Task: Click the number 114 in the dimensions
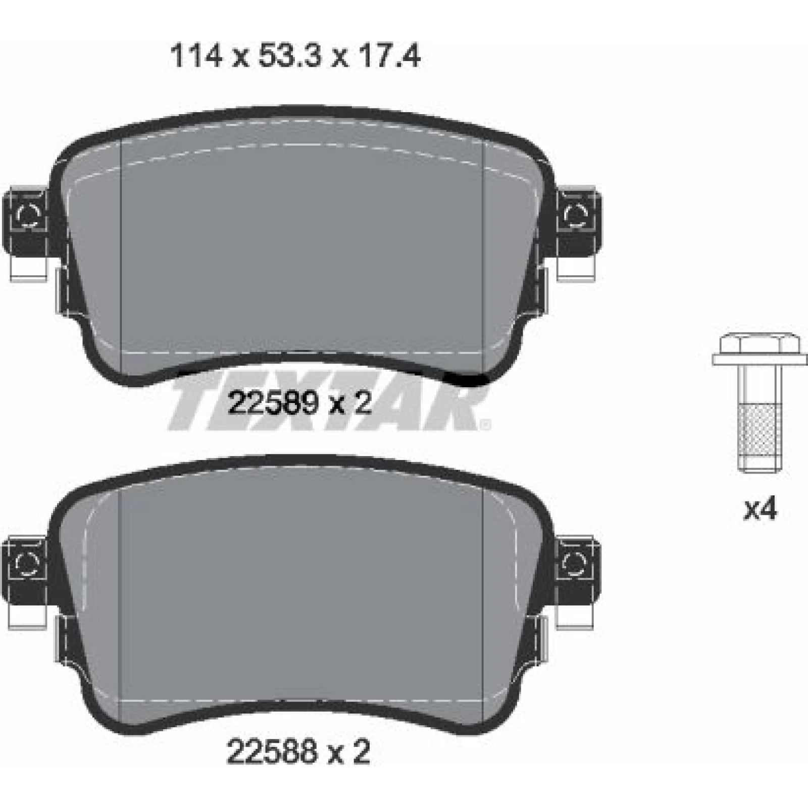(196, 56)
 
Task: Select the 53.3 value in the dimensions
(289, 56)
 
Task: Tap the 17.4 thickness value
(389, 56)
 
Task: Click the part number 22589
(273, 404)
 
